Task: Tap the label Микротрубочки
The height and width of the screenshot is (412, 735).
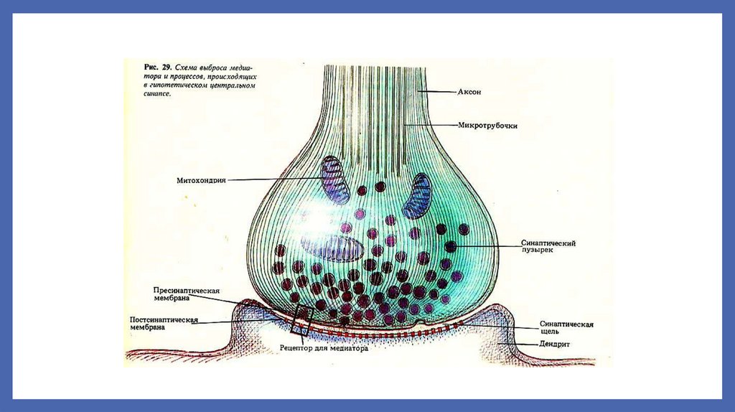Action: tap(488, 125)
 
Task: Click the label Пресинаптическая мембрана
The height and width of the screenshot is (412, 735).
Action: tap(185, 295)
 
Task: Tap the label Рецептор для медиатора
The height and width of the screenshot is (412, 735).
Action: tap(323, 349)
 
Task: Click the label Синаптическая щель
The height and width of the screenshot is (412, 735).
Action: tap(566, 328)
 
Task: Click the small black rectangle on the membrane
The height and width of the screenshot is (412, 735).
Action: tap(301, 321)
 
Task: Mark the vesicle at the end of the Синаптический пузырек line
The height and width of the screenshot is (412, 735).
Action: tap(451, 246)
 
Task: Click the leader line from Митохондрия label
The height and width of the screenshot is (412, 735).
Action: tap(273, 179)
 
